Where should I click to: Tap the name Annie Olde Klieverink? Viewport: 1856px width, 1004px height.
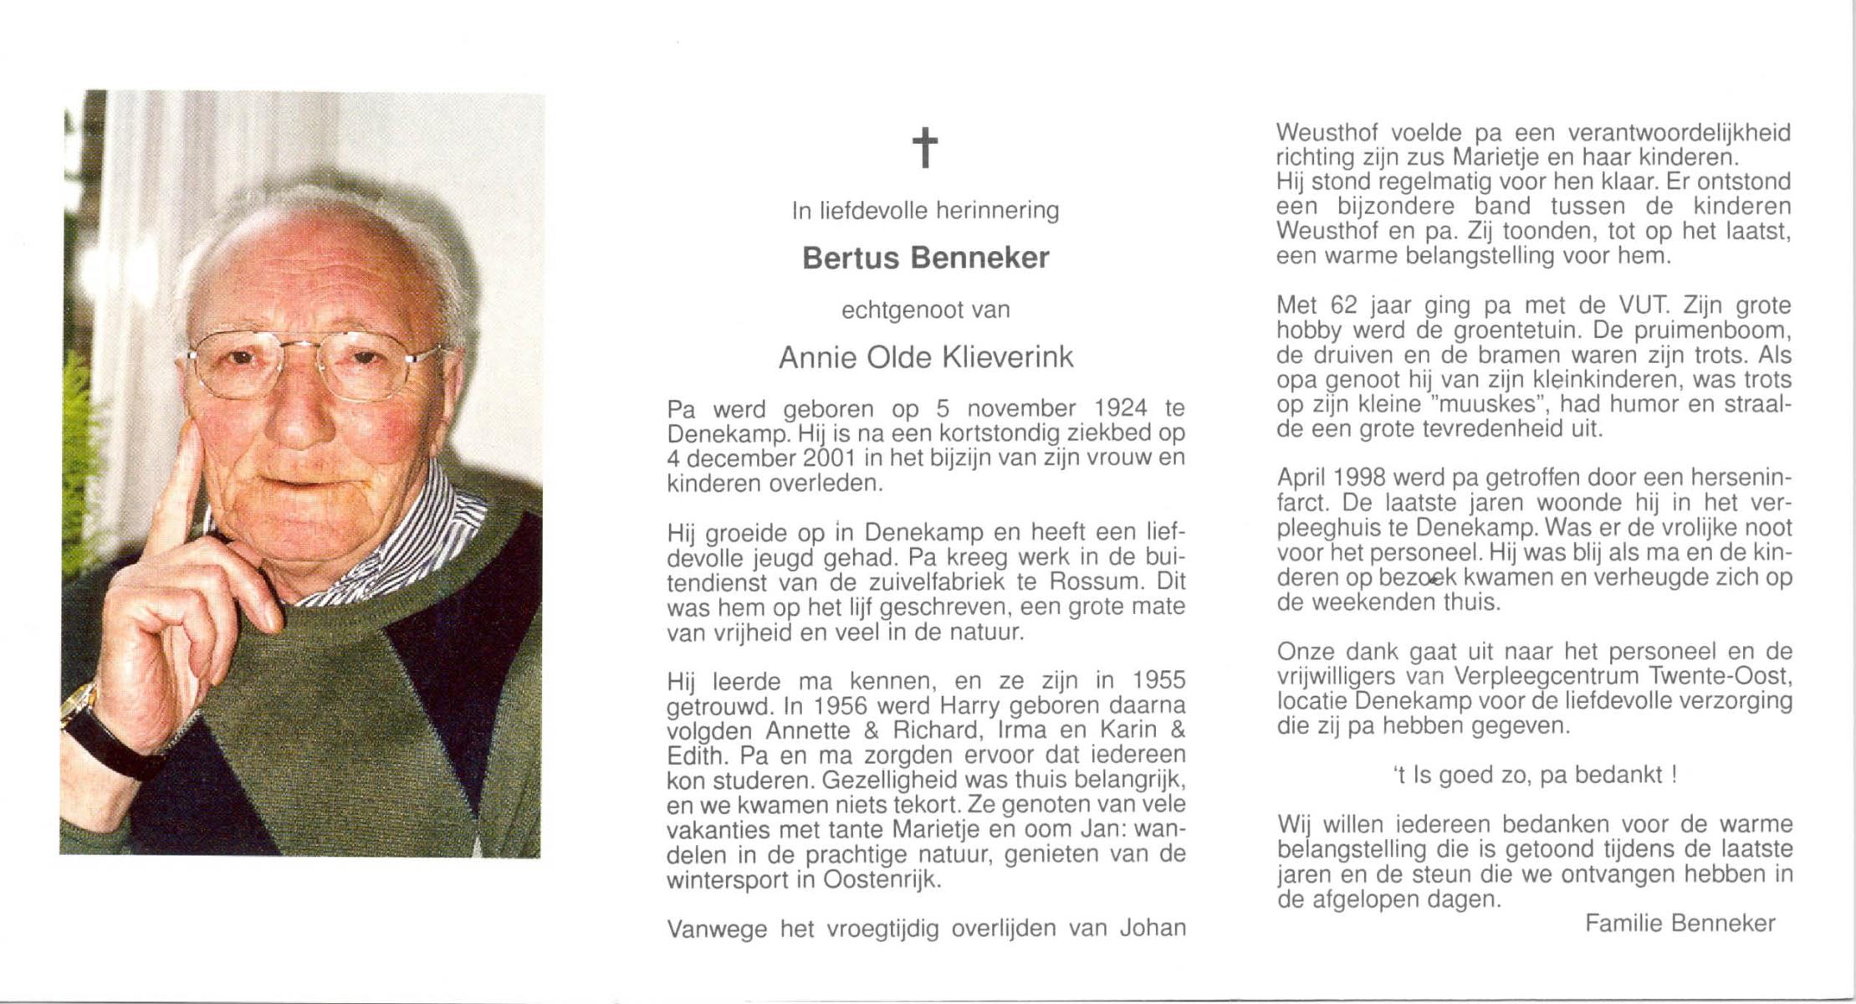925,358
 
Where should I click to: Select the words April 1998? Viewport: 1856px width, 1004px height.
1332,478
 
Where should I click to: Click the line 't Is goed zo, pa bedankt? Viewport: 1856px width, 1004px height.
1534,775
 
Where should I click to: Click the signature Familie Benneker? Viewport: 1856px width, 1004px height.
1680,924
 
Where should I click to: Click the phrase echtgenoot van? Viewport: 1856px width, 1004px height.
925,310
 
